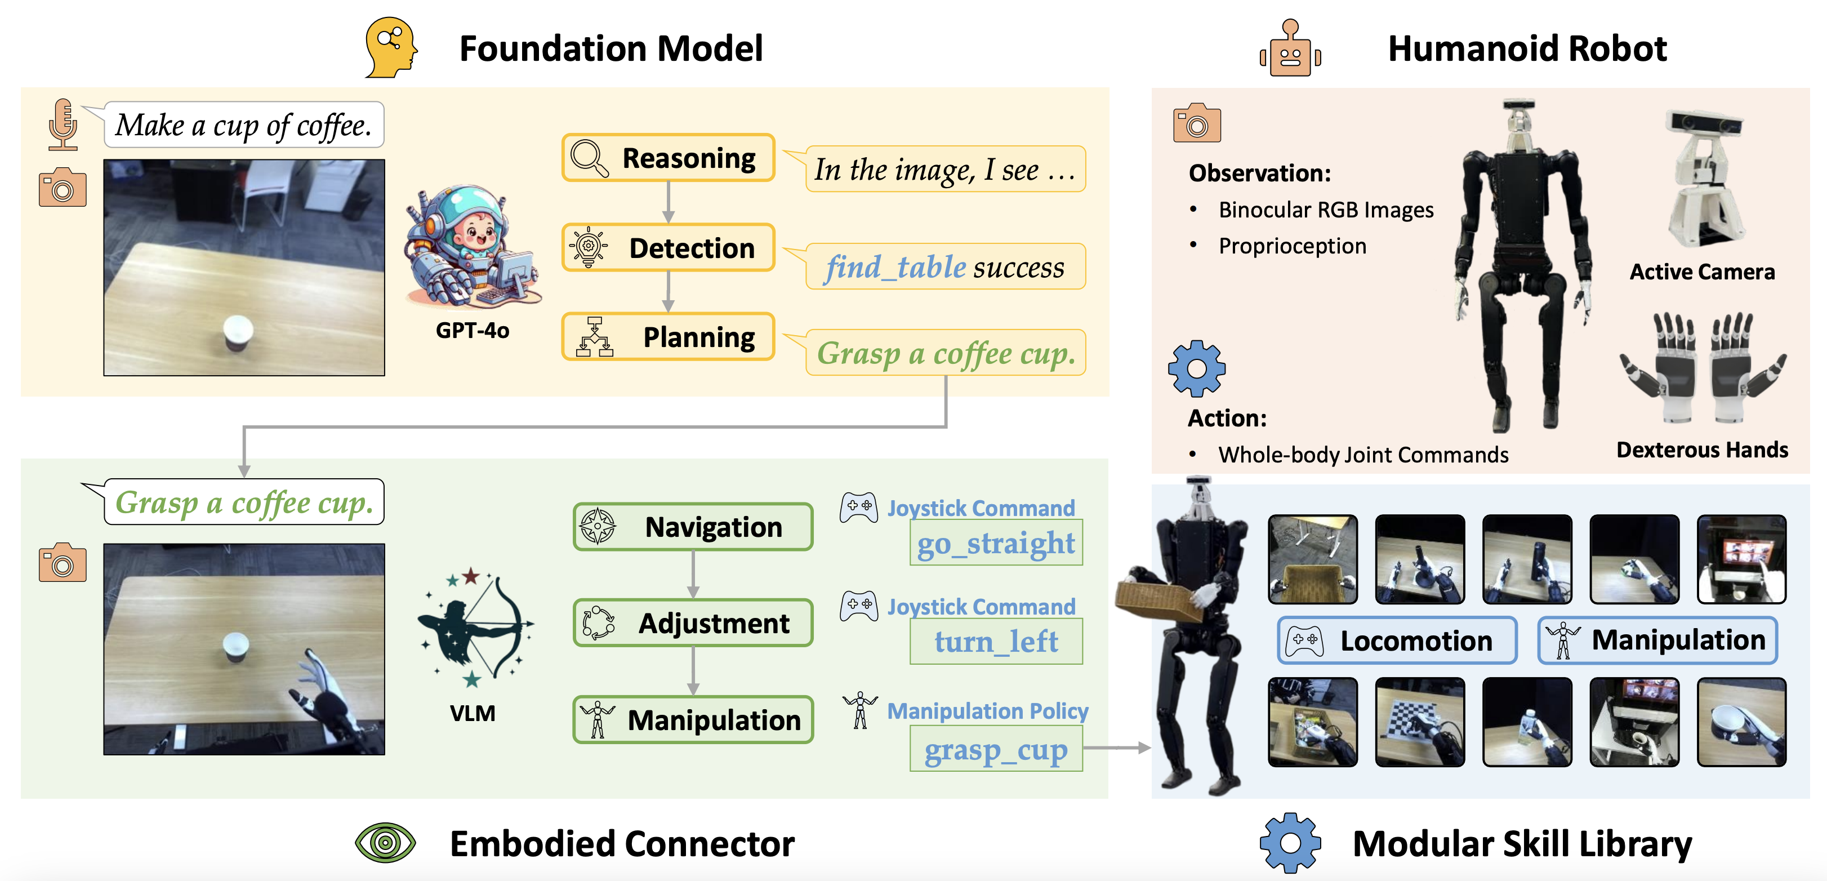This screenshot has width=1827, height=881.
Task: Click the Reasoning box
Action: click(668, 158)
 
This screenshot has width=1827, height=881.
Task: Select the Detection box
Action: click(668, 247)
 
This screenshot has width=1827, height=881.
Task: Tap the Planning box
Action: click(668, 337)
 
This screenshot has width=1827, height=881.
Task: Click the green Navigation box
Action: click(693, 526)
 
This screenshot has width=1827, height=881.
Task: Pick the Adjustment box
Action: click(693, 623)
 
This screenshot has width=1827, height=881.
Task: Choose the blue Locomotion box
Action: click(1397, 640)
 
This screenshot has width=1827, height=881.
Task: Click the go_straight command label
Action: click(996, 544)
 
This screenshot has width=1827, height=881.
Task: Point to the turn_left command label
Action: click(996, 641)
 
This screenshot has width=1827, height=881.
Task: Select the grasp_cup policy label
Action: click(996, 750)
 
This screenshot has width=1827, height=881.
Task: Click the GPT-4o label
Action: click(473, 331)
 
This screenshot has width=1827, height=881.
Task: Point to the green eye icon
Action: click(385, 843)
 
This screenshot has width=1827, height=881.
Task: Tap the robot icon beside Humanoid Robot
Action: click(1290, 48)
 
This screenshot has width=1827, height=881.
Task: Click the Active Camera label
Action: click(1701, 272)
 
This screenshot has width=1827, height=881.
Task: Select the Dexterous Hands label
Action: click(1701, 450)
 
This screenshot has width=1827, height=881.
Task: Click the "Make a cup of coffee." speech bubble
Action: click(243, 125)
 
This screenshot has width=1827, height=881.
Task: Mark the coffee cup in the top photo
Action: click(237, 333)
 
